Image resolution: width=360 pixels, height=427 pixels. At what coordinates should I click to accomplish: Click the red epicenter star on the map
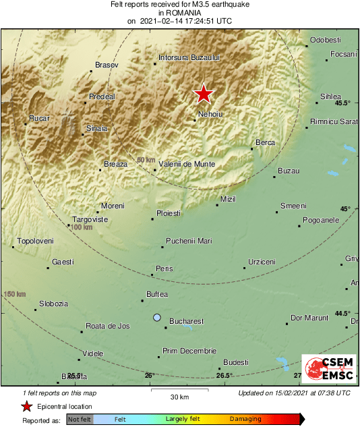tap(203, 94)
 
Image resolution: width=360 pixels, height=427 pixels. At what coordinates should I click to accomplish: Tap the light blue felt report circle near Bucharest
tap(157, 317)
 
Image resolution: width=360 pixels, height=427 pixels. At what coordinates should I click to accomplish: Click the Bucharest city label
tap(186, 321)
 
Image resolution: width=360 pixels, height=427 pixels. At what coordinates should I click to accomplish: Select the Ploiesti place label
tap(169, 213)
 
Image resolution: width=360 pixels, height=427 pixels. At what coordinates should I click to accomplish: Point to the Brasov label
tap(107, 65)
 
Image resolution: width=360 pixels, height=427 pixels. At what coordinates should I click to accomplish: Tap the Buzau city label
tap(289, 171)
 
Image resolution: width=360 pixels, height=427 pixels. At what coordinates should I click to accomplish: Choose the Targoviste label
tap(90, 220)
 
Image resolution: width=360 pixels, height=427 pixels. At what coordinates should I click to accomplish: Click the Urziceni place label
tap(262, 261)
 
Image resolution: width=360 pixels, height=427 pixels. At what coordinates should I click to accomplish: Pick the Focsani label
tap(344, 54)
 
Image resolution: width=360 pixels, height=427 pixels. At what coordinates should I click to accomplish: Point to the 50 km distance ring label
tap(146, 160)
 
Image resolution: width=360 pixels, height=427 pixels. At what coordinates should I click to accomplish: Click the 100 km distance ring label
tap(81, 227)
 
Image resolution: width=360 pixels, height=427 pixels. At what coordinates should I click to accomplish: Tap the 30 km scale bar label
tap(179, 396)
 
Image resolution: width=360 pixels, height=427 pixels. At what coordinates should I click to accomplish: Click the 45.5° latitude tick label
tap(342, 103)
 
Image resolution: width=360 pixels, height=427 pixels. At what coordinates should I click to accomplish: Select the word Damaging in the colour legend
tap(245, 419)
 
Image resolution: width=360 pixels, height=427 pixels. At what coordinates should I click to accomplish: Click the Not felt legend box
tap(80, 419)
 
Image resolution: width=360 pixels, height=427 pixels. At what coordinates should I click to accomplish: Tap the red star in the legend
tap(26, 406)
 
